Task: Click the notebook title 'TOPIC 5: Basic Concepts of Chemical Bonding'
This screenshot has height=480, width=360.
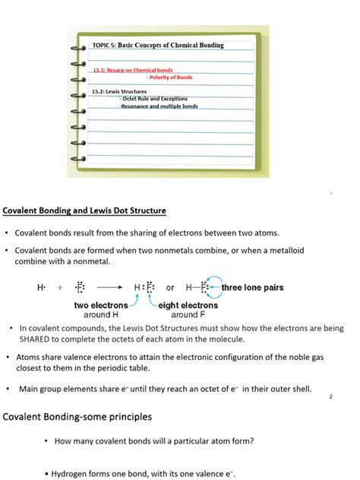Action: pyautogui.click(x=158, y=46)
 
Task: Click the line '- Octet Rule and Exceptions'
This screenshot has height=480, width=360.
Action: pyautogui.click(x=156, y=99)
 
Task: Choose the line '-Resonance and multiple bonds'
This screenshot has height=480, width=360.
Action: pyautogui.click(x=158, y=106)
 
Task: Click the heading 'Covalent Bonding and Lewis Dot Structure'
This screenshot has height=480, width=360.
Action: pyautogui.click(x=84, y=210)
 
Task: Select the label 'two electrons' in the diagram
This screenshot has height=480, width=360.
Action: pyautogui.click(x=100, y=305)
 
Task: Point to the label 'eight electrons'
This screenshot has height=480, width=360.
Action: pyautogui.click(x=188, y=305)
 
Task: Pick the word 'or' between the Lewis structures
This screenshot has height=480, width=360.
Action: pyautogui.click(x=170, y=289)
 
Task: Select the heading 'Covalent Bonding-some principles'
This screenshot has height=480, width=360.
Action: pyautogui.click(x=77, y=417)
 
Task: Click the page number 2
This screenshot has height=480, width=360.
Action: pyautogui.click(x=331, y=396)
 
